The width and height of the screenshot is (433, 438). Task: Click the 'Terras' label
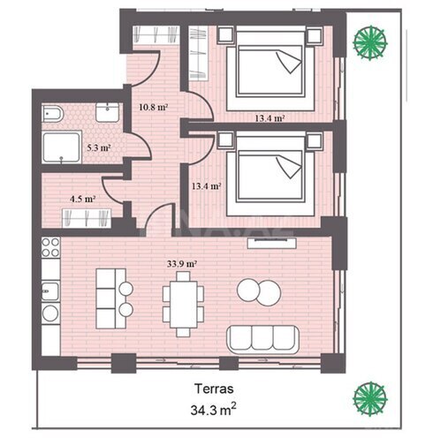[214, 389]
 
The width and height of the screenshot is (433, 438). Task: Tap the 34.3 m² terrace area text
[213, 410]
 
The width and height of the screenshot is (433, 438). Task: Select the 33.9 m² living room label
[182, 264]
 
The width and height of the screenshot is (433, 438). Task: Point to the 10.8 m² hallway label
[154, 107]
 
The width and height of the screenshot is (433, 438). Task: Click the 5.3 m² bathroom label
[99, 147]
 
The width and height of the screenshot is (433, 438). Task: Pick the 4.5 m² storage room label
[82, 199]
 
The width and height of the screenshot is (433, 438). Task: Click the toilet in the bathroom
[53, 114]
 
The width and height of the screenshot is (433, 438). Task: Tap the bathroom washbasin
[107, 112]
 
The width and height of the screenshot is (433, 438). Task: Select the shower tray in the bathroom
[62, 147]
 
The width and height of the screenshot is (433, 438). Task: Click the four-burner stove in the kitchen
[50, 247]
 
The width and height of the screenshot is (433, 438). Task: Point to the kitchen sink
[50, 291]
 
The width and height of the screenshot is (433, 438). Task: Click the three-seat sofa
[262, 340]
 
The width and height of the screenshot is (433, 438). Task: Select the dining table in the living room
[183, 304]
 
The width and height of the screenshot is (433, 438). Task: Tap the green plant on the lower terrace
[370, 398]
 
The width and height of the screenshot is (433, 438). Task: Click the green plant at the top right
[370, 43]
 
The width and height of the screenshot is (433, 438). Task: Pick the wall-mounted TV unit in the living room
[271, 243]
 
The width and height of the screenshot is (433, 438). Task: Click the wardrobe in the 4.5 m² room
[87, 218]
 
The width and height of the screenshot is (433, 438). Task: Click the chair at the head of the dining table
[183, 276]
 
